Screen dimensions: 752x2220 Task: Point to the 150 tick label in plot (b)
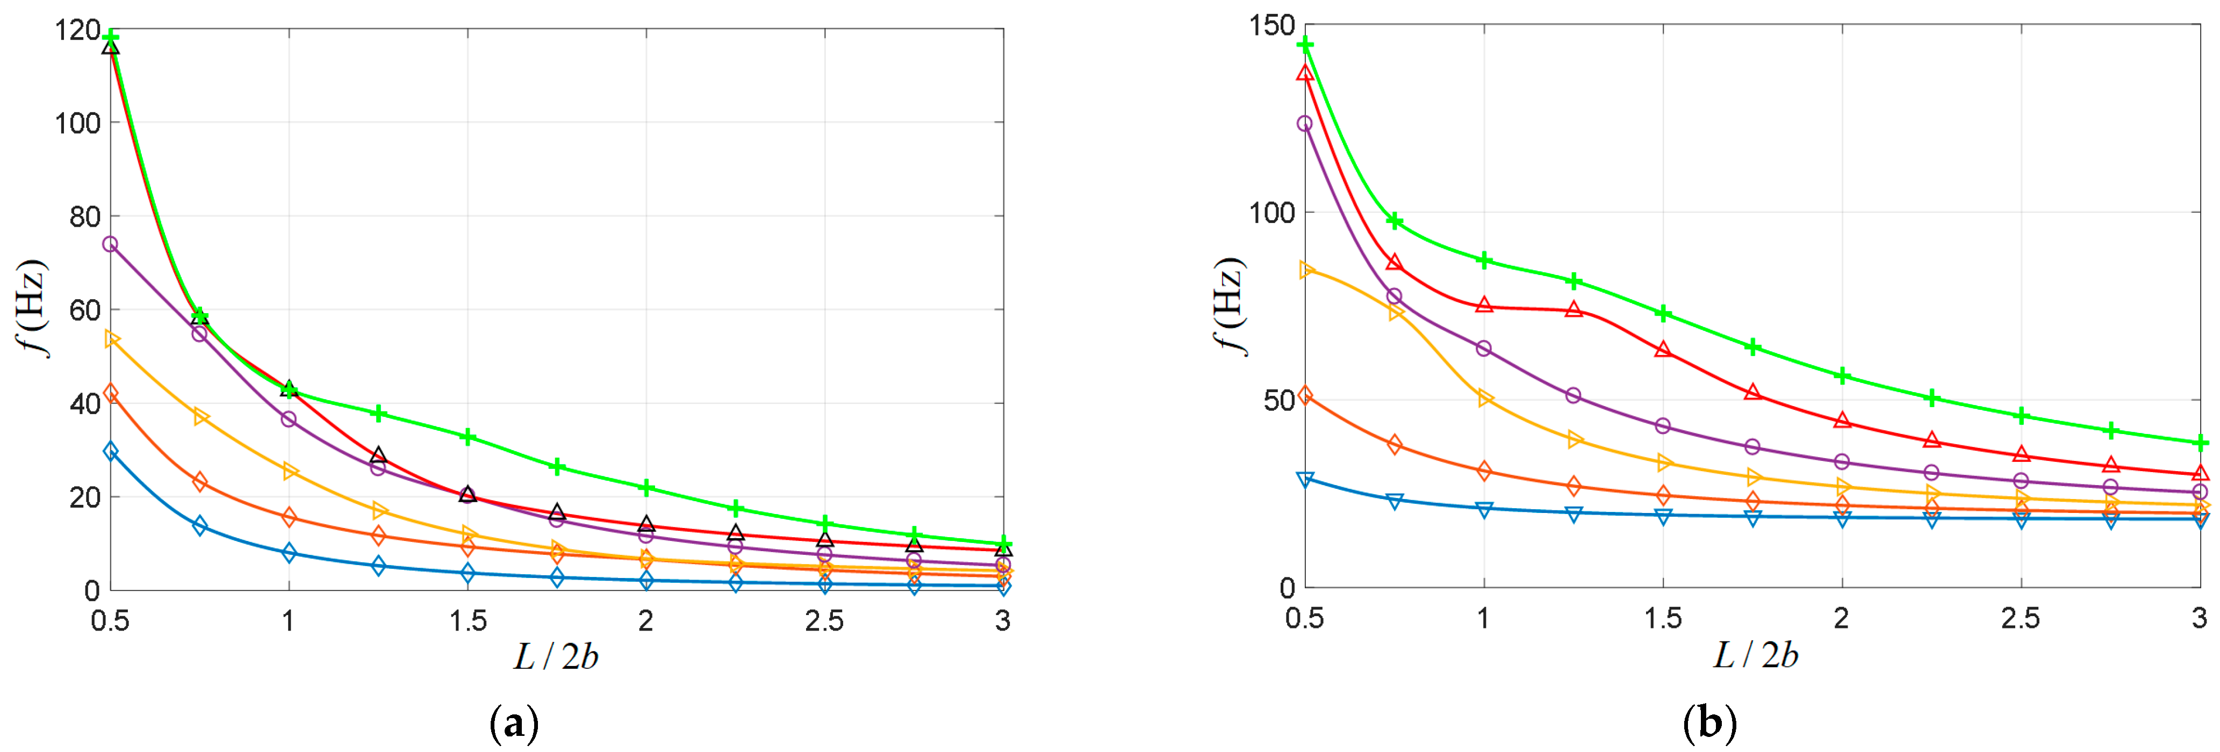point(1272,26)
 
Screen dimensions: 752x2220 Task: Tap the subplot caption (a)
point(514,724)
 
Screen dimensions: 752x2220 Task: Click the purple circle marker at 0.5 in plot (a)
point(110,244)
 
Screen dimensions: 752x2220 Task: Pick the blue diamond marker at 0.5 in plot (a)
point(110,451)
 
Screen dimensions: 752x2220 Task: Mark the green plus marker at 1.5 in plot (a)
point(468,437)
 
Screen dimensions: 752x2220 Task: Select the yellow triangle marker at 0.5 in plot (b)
point(1306,270)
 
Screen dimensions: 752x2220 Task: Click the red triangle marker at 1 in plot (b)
point(1484,305)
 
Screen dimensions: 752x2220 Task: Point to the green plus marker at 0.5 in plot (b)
point(1306,44)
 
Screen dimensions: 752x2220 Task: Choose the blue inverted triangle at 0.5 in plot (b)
point(1306,480)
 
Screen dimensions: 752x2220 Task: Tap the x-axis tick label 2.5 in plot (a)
point(824,620)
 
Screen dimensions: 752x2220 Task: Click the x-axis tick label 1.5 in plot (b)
point(1662,618)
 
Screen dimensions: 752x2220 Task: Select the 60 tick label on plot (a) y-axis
point(84,310)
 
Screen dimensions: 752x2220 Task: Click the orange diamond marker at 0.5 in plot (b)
point(1306,395)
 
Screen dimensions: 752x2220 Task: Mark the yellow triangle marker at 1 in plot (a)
point(290,471)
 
